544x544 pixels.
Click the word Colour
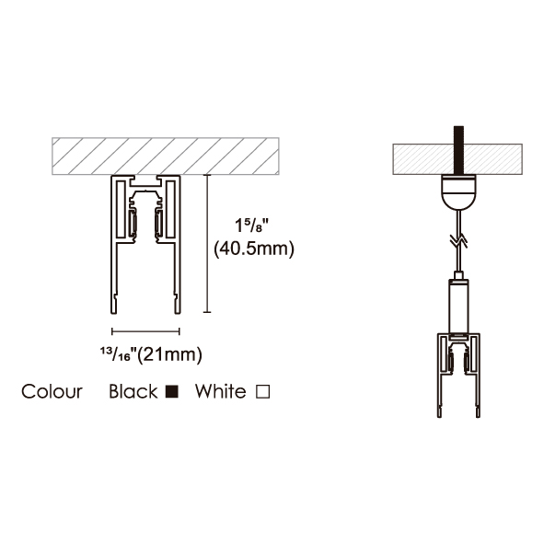52,392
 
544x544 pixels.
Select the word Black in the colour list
133,392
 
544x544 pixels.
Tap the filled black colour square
172,392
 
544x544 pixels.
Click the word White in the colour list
221,392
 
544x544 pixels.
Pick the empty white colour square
263,392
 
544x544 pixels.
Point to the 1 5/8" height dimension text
252,226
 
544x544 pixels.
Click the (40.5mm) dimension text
254,249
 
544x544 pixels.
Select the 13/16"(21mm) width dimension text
151,355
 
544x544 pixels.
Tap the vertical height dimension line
207,244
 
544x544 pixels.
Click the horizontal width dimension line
145,331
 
